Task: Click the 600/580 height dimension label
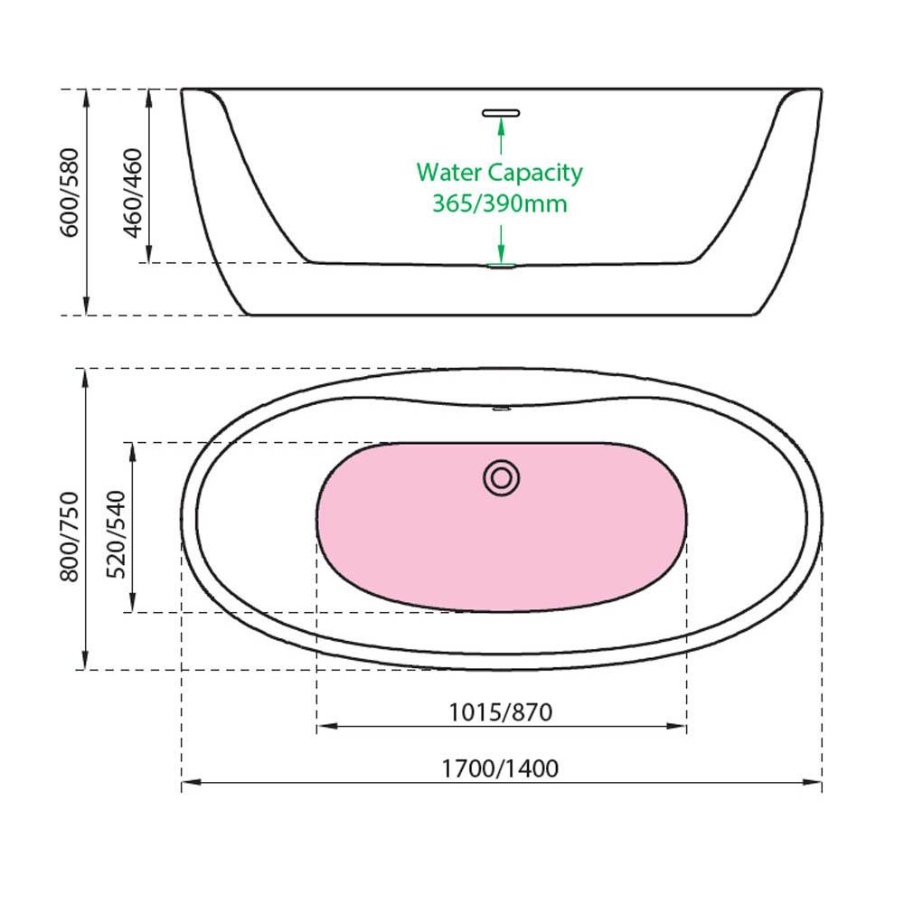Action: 70,193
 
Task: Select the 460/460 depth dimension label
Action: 133,193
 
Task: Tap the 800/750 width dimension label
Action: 70,537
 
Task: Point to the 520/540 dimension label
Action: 116,534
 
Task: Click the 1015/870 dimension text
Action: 501,712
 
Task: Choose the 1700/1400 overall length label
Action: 501,768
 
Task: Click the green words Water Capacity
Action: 499,173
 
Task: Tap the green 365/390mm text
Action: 500,203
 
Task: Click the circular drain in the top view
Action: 501,478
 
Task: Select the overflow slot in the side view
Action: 501,113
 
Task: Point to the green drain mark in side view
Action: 501,266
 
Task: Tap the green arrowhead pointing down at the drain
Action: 501,254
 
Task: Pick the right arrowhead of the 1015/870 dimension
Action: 676,726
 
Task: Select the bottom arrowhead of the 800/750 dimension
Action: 85,660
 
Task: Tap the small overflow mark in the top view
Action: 501,409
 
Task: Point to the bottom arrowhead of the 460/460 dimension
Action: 149,253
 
